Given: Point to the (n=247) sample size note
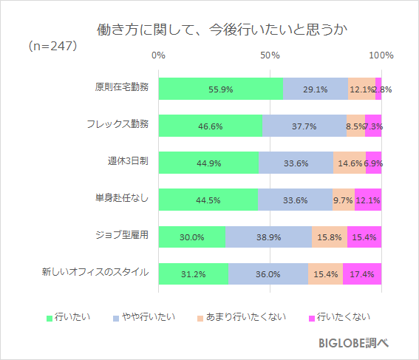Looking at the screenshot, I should pos(52,46).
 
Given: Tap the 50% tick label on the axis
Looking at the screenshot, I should pos(270,55).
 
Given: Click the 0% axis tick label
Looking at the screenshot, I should pos(158,55).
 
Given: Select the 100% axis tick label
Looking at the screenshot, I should pos(381,55).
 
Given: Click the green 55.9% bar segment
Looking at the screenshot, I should pos(220,89).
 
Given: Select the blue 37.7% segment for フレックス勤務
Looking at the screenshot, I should pos(304,126).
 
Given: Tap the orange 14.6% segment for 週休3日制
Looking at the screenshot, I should pos(349,163).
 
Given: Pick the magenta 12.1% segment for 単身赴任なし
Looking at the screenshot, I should pos(368,200).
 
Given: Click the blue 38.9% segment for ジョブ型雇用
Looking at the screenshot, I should pos(268,237).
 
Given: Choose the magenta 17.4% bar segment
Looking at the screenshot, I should pos(362,274).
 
